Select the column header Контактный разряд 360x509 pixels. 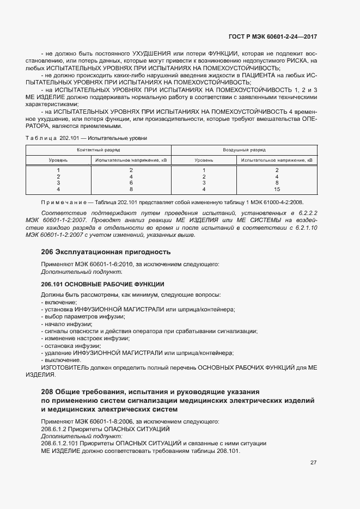99,149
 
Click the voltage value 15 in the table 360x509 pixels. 277,189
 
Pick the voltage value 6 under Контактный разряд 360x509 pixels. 131,183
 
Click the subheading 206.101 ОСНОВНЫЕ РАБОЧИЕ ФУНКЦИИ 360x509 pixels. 103,284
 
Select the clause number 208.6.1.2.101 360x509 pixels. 62,444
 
